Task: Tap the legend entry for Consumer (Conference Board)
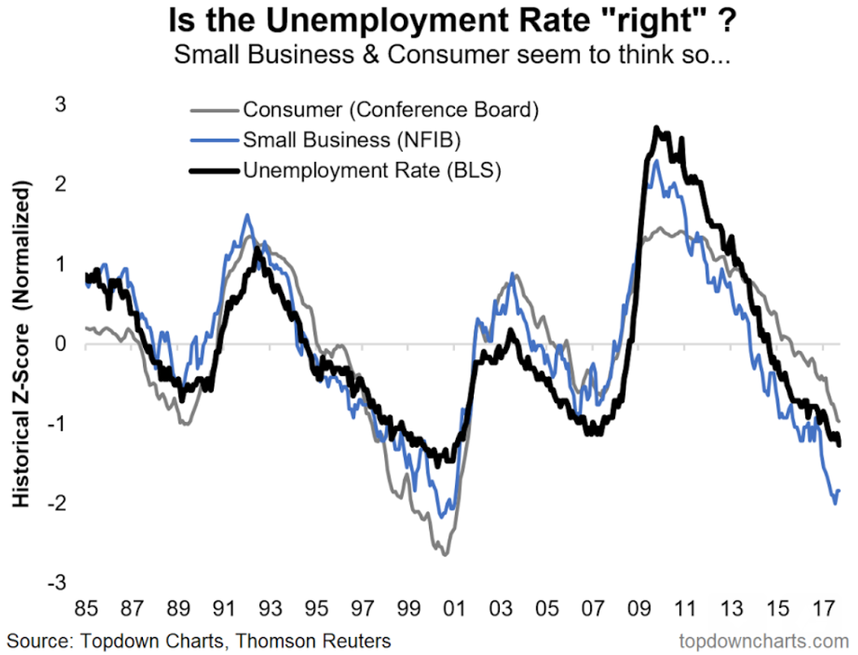click(x=391, y=109)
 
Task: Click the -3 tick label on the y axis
click(x=58, y=583)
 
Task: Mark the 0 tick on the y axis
click(x=62, y=344)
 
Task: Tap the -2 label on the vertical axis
click(x=58, y=503)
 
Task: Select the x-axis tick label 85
click(x=85, y=608)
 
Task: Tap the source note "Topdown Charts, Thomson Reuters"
click(x=200, y=640)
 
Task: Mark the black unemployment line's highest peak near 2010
click(x=657, y=128)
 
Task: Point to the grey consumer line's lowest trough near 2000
click(x=444, y=554)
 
